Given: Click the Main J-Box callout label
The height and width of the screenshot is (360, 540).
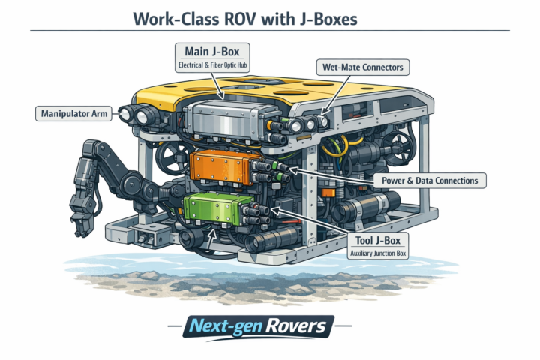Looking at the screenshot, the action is pyautogui.click(x=212, y=58).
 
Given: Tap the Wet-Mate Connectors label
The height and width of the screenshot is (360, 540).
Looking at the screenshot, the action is pyautogui.click(x=363, y=67).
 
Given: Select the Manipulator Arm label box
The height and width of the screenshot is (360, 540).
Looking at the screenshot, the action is pyautogui.click(x=73, y=114).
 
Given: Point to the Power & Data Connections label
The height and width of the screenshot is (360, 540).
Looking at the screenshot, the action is pyautogui.click(x=430, y=181).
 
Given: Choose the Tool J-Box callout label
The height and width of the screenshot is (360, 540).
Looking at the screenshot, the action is pyautogui.click(x=378, y=246).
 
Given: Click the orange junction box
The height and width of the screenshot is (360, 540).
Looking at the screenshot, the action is pyautogui.click(x=221, y=167).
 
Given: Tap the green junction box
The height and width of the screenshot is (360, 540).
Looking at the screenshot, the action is pyautogui.click(x=214, y=208).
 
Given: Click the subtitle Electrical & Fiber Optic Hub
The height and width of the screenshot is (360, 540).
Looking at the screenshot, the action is pyautogui.click(x=212, y=65).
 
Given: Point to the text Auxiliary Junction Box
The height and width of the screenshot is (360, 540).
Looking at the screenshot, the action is pyautogui.click(x=378, y=253).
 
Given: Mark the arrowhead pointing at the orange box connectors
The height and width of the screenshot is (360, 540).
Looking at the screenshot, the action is pyautogui.click(x=293, y=169).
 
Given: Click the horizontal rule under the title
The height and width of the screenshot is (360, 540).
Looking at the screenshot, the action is pyautogui.click(x=270, y=31).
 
